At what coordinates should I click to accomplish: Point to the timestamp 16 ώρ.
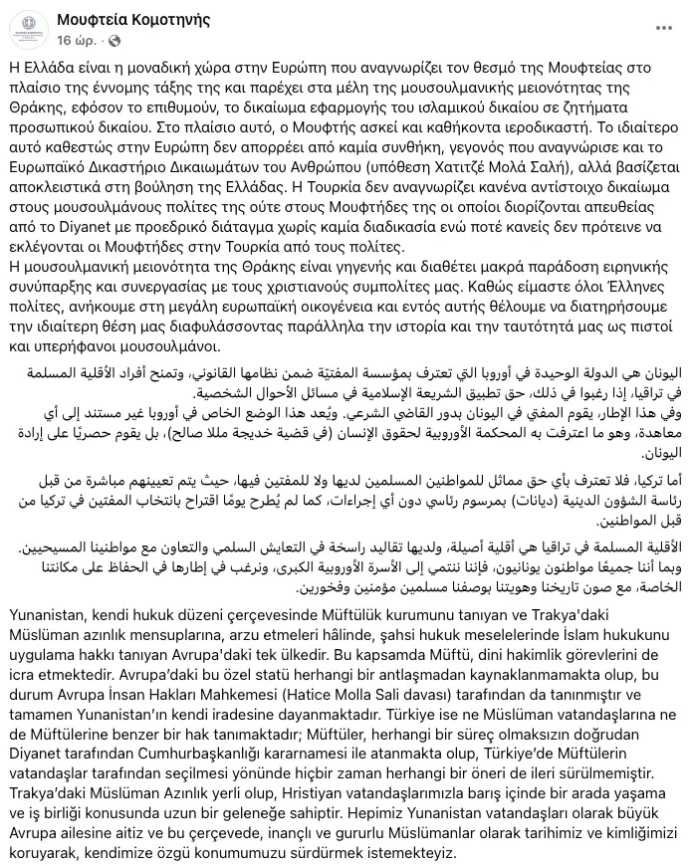(77, 41)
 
